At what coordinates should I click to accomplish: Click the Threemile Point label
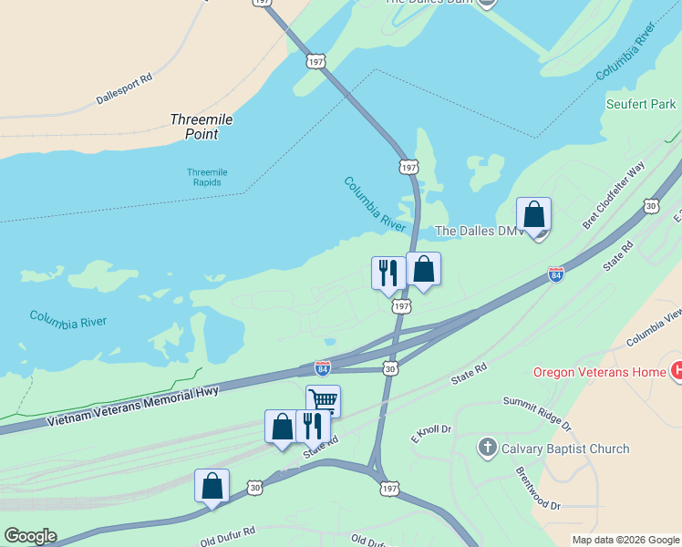tap(195, 127)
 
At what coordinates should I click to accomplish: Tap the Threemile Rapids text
tap(207, 178)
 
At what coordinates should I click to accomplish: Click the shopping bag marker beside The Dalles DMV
tap(533, 215)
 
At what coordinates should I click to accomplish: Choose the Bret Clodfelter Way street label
tap(614, 194)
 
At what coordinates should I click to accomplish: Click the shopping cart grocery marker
tap(323, 399)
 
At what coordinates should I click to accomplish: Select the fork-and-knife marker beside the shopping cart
tap(312, 425)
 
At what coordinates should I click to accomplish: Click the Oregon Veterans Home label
tap(600, 372)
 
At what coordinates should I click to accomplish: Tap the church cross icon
tap(488, 448)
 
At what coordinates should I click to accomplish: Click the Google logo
tap(30, 536)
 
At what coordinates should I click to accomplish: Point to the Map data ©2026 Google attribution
tap(625, 540)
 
